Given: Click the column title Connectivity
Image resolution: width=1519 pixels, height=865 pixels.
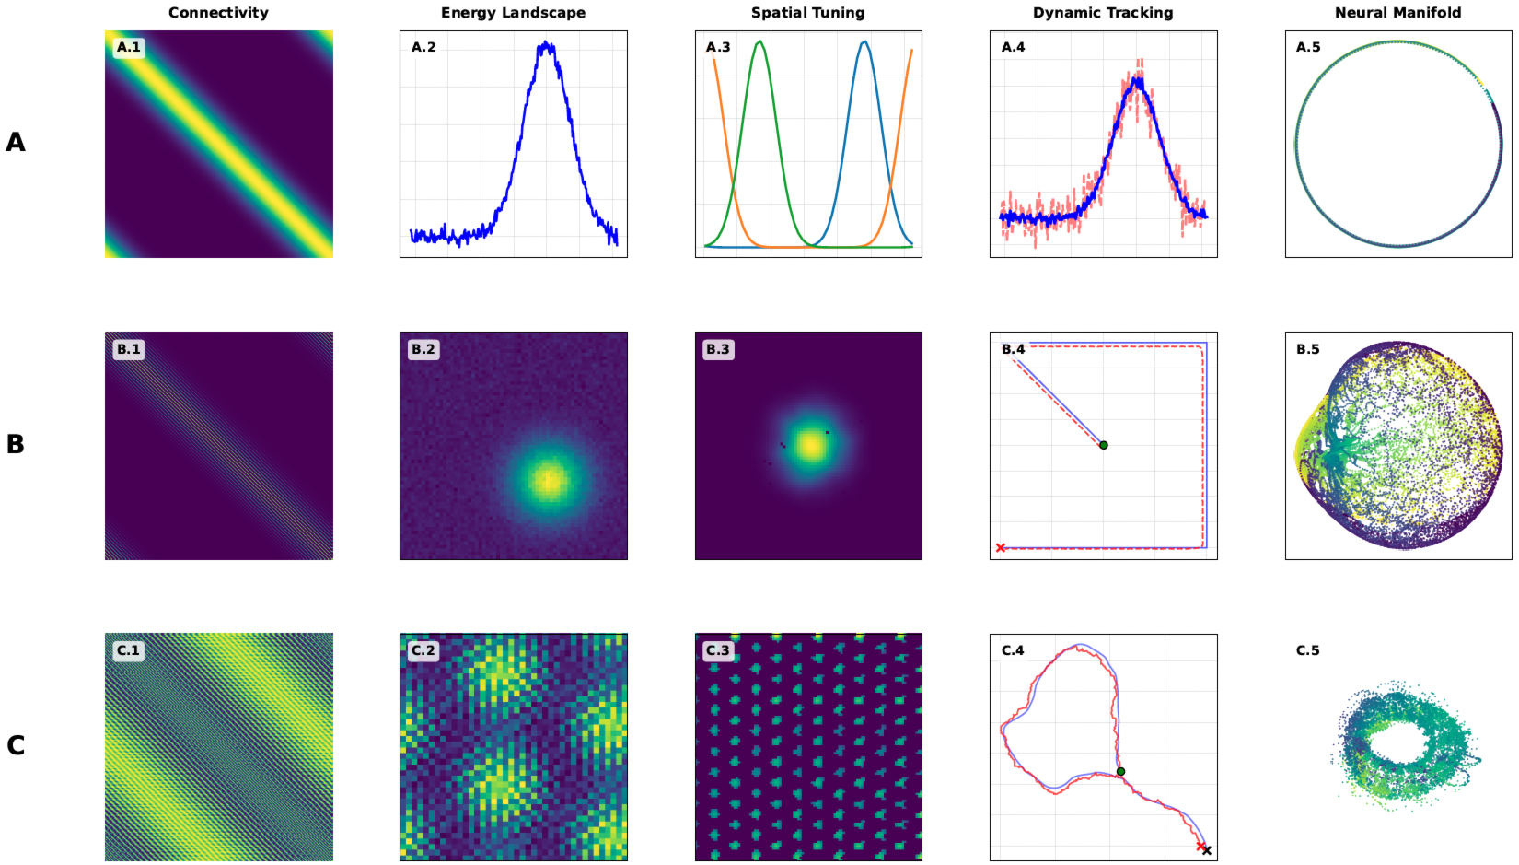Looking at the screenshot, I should [x=218, y=13].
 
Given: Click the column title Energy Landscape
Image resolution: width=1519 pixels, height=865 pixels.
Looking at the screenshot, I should [x=513, y=13].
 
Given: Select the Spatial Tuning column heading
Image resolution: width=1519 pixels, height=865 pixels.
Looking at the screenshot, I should [x=807, y=13].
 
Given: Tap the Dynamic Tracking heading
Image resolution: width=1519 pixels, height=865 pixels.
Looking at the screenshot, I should [x=1103, y=13].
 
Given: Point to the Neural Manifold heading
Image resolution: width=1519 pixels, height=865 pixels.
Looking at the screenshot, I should [x=1397, y=13].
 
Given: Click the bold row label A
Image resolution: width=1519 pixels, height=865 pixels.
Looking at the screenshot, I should [x=16, y=142].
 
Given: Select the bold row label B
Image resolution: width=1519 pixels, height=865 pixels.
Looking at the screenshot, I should [x=16, y=444].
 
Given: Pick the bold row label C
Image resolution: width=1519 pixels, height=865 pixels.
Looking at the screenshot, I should [x=16, y=745].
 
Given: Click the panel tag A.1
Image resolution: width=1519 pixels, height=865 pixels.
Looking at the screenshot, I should [x=129, y=47].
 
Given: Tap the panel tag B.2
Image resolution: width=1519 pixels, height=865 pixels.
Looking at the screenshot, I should [x=423, y=349].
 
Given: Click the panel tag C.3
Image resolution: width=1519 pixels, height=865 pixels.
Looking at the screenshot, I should [x=718, y=650].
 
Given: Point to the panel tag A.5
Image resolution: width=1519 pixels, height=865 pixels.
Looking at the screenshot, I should [x=1308, y=47].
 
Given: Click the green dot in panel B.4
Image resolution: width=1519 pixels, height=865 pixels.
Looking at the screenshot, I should [x=1104, y=445].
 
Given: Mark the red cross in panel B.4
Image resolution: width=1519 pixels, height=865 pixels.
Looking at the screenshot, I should [x=1001, y=548].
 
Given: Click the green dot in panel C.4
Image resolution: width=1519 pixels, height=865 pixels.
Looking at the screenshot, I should [x=1120, y=772].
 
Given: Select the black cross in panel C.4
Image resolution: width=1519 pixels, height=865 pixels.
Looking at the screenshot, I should [x=1207, y=850].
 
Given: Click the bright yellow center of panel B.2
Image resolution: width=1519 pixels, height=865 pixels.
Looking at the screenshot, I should [x=549, y=480].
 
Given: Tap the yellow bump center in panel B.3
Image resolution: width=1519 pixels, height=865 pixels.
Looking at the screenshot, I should [x=811, y=446].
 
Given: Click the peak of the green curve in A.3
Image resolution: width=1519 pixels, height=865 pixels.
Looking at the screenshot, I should [x=759, y=41].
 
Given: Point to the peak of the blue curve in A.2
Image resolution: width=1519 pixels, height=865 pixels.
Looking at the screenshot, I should [x=548, y=43].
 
